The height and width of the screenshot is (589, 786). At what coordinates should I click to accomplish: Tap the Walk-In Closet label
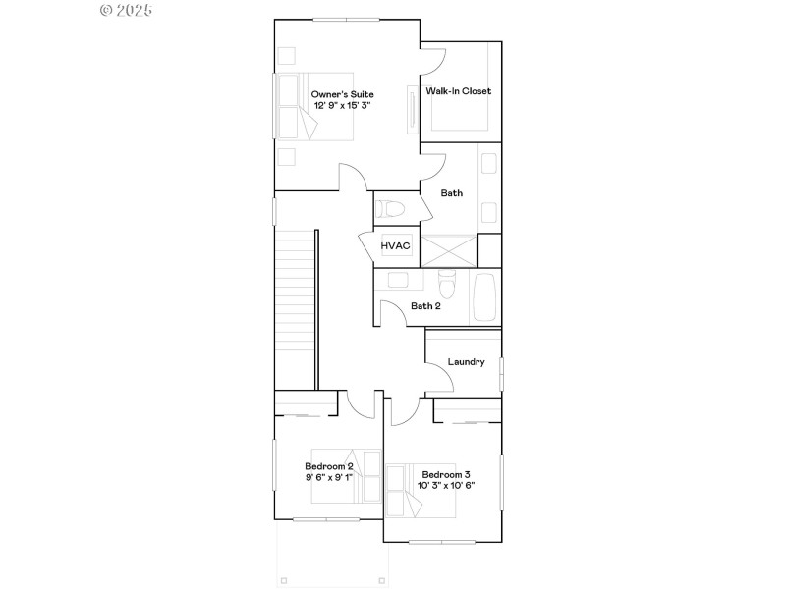pyautogui.click(x=458, y=91)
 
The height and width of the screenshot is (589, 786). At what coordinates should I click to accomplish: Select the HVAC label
pyautogui.click(x=395, y=245)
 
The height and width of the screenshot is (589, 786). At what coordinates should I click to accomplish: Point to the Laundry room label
pyautogui.click(x=466, y=361)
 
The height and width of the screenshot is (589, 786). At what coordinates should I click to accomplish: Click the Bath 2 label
pyautogui.click(x=425, y=306)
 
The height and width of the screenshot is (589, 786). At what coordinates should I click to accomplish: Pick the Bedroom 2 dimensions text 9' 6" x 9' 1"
pyautogui.click(x=328, y=477)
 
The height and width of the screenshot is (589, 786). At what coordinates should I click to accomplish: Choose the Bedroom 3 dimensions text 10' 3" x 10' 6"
pyautogui.click(x=446, y=485)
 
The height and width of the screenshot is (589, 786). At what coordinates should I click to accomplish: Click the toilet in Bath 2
pyautogui.click(x=446, y=285)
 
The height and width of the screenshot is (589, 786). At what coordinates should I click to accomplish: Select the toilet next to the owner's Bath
pyautogui.click(x=388, y=209)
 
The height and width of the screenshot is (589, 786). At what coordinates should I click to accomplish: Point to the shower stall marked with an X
pyautogui.click(x=448, y=250)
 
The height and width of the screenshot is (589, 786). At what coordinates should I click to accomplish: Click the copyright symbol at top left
pyautogui.click(x=107, y=10)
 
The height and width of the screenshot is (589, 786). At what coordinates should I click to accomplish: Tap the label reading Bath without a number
pyautogui.click(x=451, y=193)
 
